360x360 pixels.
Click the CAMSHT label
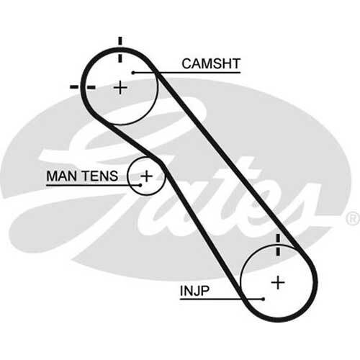tap(211, 63)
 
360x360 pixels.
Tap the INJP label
tap(194, 291)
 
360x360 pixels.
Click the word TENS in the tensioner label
tap(100, 176)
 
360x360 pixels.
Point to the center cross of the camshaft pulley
tap(120, 87)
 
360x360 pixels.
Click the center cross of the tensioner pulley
tap(146, 176)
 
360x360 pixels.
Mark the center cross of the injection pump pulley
tap(278, 282)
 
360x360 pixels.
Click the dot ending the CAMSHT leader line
tap(133, 73)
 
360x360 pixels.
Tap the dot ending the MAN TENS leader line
tap(140, 185)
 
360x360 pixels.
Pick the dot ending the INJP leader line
tap(264, 299)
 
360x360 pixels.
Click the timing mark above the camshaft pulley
tap(120, 49)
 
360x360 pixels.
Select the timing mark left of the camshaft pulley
tap(82, 87)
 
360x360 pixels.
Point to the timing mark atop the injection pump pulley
tap(278, 245)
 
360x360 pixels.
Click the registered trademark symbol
tap(353, 218)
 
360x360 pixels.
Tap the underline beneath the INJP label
tap(221, 299)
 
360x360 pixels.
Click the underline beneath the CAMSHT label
tap(187, 73)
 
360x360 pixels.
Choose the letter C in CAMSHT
tap(186, 63)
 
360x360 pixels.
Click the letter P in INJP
tap(205, 291)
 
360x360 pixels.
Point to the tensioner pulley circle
tap(128, 176)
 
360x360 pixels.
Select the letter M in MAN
tap(53, 176)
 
